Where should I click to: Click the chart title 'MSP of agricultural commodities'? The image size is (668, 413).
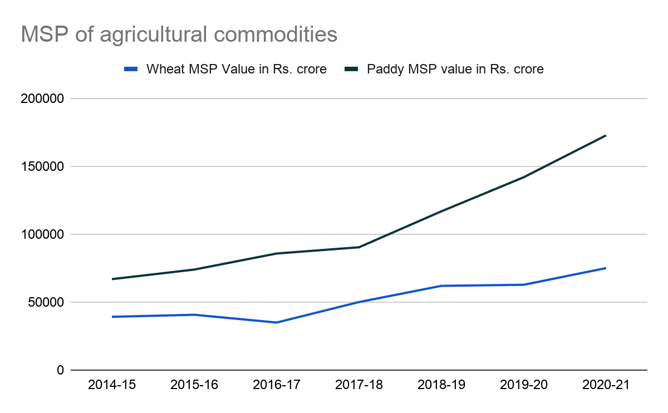(179, 35)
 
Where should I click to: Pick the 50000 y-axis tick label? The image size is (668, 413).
(46, 302)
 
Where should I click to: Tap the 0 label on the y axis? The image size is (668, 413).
(60, 370)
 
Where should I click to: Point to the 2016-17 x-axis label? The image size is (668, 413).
(277, 385)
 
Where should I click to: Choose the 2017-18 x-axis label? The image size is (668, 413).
(359, 385)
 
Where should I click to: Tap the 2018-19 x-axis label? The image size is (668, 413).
(441, 385)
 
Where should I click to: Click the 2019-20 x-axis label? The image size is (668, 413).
(524, 385)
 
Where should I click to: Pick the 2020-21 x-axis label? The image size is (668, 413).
(606, 385)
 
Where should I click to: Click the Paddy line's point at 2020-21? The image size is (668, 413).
(606, 135)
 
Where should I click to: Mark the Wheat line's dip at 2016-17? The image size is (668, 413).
(277, 322)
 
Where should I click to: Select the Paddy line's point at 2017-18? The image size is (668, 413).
(359, 247)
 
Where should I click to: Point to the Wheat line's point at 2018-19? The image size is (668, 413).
(441, 286)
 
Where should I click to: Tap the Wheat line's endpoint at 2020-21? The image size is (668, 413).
(606, 268)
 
